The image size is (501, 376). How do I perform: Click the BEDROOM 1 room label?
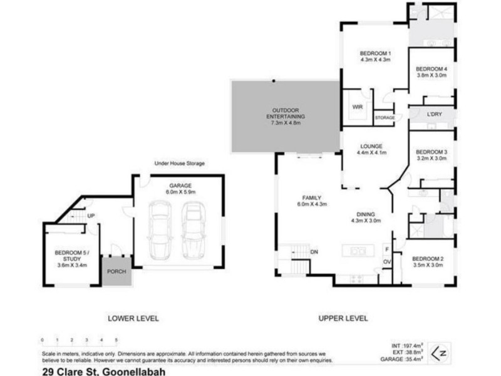pos(375,53)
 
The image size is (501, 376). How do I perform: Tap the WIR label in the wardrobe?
pos(358,107)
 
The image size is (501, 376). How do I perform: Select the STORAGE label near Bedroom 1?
pos(385,118)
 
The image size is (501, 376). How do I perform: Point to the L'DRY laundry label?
pos(435,114)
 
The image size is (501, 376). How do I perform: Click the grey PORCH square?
pos(116,271)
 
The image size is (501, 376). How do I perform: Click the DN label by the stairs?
pos(314,251)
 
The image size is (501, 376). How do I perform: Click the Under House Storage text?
pos(180,164)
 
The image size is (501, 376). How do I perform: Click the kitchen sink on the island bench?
pos(358,251)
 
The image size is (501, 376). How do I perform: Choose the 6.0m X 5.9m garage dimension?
pos(180,192)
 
